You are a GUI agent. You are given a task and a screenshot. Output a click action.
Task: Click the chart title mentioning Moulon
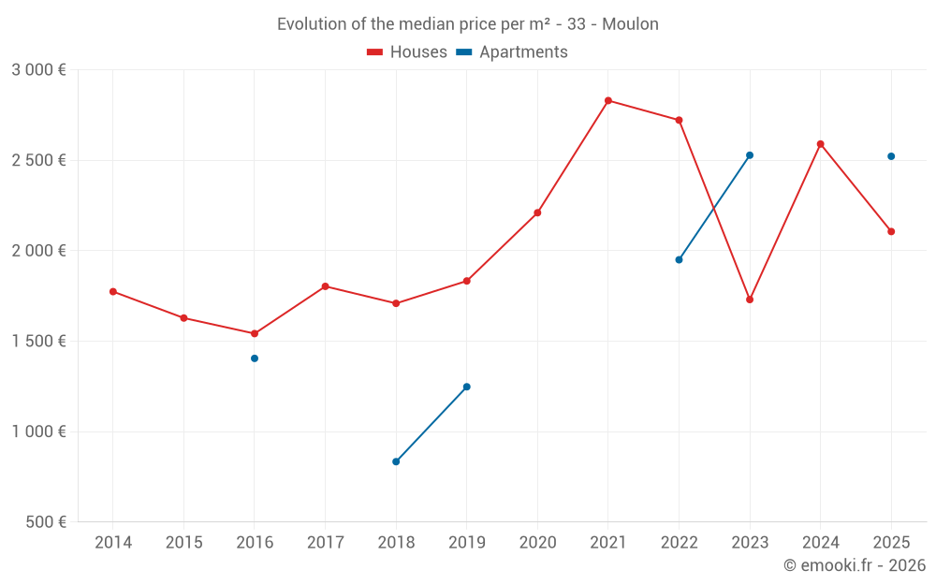pyautogui.click(x=467, y=24)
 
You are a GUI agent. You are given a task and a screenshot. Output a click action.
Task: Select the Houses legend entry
pyautogui.click(x=407, y=52)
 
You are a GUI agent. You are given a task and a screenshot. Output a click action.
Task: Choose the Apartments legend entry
pyautogui.click(x=513, y=52)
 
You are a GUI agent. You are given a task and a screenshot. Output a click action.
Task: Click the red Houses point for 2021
pyautogui.click(x=608, y=100)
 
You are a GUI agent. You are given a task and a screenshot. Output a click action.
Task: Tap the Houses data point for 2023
pyautogui.click(x=750, y=300)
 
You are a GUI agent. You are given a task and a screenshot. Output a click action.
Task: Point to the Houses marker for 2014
pyautogui.click(x=113, y=291)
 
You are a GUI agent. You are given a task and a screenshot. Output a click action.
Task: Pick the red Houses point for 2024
pyautogui.click(x=821, y=144)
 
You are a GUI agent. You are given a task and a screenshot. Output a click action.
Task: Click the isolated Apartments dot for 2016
pyautogui.click(x=255, y=358)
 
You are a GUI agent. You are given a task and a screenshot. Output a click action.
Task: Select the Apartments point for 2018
pyautogui.click(x=396, y=461)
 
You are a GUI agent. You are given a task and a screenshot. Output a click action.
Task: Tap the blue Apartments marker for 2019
pyautogui.click(x=467, y=387)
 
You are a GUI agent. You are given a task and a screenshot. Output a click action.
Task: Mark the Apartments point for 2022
pyautogui.click(x=679, y=259)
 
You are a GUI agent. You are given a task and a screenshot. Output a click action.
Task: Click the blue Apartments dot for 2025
pyautogui.click(x=891, y=156)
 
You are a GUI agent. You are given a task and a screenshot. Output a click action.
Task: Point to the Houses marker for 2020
pyautogui.click(x=537, y=212)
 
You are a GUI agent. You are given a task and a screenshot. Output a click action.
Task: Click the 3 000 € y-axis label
pyautogui.click(x=39, y=70)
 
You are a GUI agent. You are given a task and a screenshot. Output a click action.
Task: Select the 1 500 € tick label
pyautogui.click(x=39, y=342)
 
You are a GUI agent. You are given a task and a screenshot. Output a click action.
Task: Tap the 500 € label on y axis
pyautogui.click(x=45, y=522)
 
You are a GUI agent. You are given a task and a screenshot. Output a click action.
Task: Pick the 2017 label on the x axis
pyautogui.click(x=325, y=543)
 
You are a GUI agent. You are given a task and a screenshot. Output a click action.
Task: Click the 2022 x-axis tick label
pyautogui.click(x=679, y=543)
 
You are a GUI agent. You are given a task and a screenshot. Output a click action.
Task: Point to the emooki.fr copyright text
pyautogui.click(x=855, y=565)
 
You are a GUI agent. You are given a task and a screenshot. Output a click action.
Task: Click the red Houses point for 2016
pyautogui.click(x=255, y=333)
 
